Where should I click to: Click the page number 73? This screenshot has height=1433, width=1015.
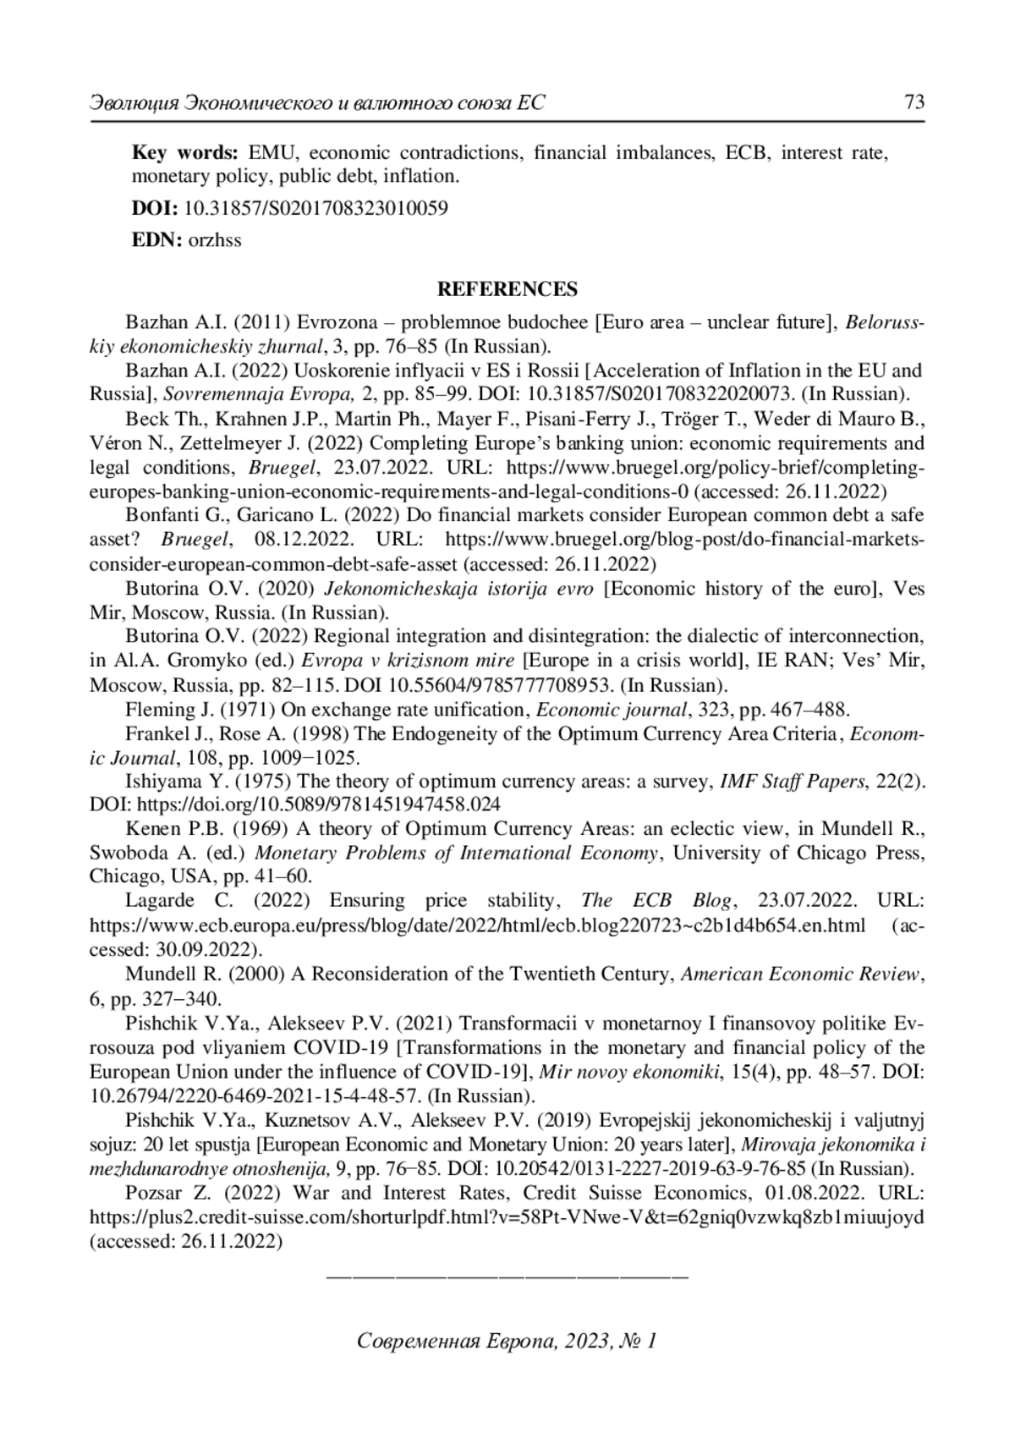[x=913, y=103]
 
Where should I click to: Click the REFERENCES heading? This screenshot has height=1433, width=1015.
[x=507, y=289]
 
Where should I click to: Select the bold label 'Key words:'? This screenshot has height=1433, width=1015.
[x=185, y=153]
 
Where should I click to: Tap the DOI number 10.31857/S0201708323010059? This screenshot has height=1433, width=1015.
[x=315, y=208]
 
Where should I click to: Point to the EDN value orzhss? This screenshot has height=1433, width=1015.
[x=215, y=240]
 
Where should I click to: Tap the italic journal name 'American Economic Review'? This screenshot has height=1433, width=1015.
[x=801, y=975]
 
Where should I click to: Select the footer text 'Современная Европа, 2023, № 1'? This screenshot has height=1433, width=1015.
[x=507, y=1341]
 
